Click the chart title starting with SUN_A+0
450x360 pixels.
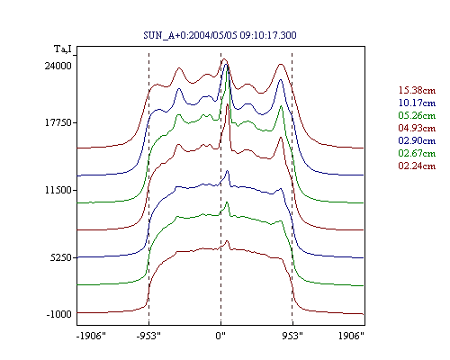pyautogui.click(x=220, y=35)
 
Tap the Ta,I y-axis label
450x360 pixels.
pyautogui.click(x=63, y=49)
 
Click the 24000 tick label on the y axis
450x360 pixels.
pyautogui.click(x=58, y=66)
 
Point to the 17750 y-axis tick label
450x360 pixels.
pyautogui.click(x=58, y=122)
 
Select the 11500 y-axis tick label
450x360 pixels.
pyautogui.click(x=58, y=190)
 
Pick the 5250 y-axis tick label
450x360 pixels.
pyautogui.click(x=61, y=257)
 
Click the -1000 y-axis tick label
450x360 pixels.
pyautogui.click(x=58, y=314)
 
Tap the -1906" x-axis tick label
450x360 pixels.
pyautogui.click(x=91, y=336)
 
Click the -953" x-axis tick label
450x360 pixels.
pyautogui.click(x=148, y=336)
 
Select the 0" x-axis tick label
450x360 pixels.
pyautogui.click(x=220, y=336)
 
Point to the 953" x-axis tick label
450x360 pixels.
pyautogui.click(x=292, y=336)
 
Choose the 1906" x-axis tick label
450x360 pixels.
pyautogui.click(x=351, y=336)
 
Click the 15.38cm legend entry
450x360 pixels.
pyautogui.click(x=417, y=90)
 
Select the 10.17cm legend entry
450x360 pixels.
pyautogui.click(x=417, y=103)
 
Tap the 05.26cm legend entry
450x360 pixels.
pyautogui.click(x=417, y=115)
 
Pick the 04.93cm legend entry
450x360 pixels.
pyautogui.click(x=417, y=128)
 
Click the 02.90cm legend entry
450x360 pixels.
pyautogui.click(x=417, y=140)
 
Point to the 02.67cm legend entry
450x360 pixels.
pyautogui.click(x=417, y=153)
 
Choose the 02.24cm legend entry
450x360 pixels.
pyautogui.click(x=417, y=166)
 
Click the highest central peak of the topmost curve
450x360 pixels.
pyautogui.click(x=224, y=59)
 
